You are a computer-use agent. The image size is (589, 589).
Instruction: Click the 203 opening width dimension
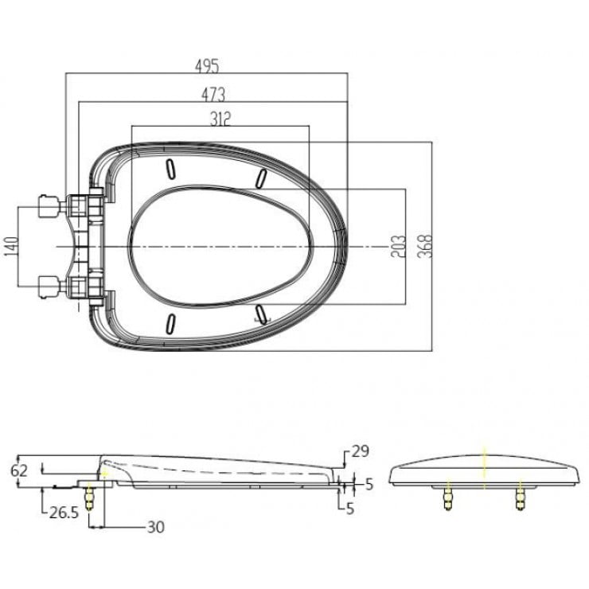pos(398,246)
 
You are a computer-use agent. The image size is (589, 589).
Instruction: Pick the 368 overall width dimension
pos(423,246)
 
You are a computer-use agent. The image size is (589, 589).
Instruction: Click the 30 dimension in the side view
pos(155,526)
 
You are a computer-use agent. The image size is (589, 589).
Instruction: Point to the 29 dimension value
pos(360,451)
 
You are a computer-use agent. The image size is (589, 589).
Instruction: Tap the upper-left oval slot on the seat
pos(170,169)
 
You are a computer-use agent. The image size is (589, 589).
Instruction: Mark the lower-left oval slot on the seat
pos(170,322)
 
